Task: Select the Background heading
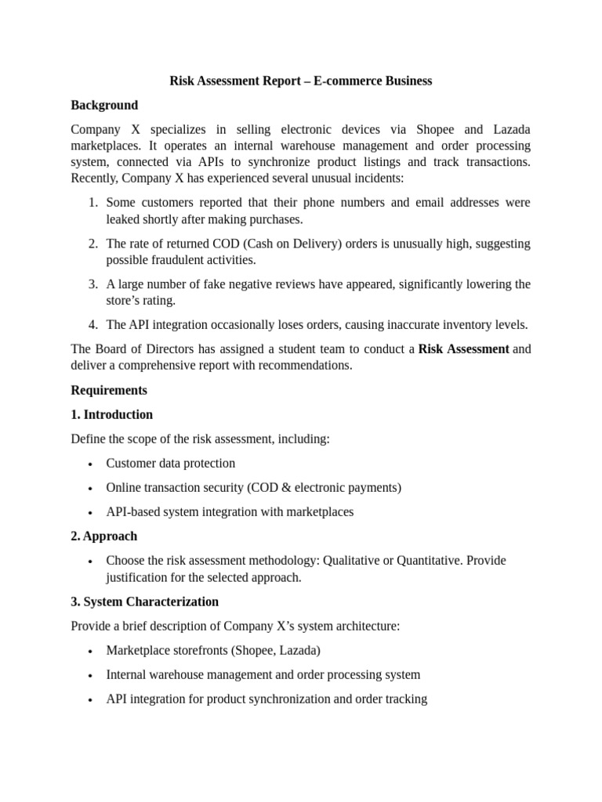(104, 105)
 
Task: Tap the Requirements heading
(109, 390)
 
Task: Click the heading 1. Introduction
(112, 414)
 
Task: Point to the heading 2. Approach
(104, 536)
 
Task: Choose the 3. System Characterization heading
(145, 601)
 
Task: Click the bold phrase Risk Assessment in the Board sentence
(463, 349)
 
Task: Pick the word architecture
(364, 626)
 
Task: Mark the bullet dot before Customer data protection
(92, 464)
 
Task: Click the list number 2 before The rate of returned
(92, 244)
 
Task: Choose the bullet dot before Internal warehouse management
(92, 675)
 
